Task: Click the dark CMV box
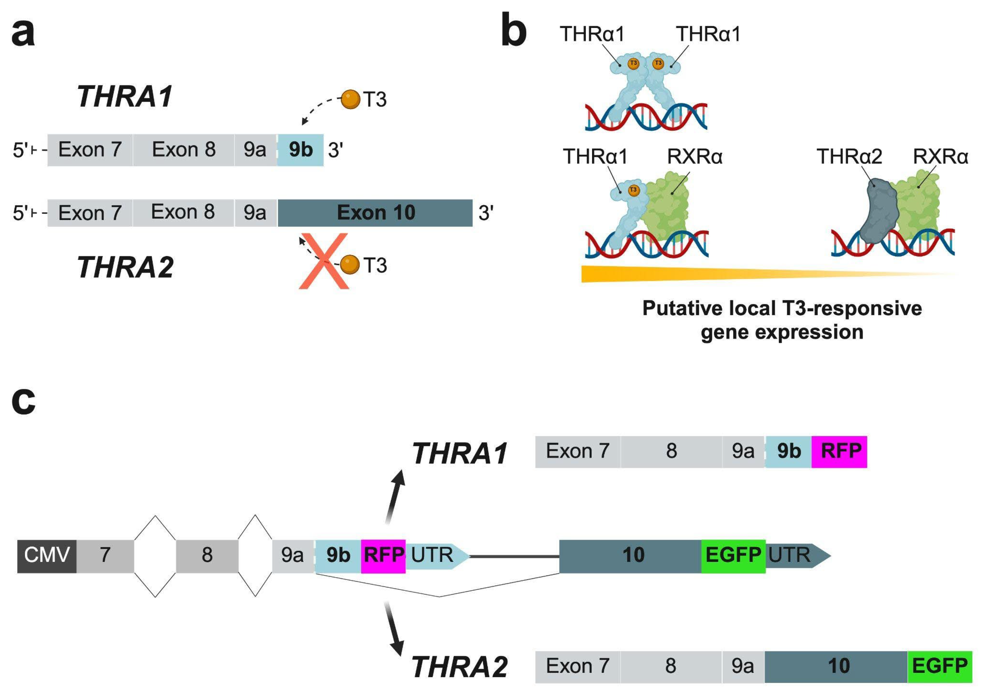pyautogui.click(x=47, y=556)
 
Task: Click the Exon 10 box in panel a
pyautogui.click(x=375, y=212)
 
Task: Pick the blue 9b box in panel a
pyautogui.click(x=300, y=150)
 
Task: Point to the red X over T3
pyautogui.click(x=324, y=261)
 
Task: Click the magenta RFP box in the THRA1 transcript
pyautogui.click(x=839, y=452)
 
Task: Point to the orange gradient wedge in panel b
pyautogui.click(x=684, y=274)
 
